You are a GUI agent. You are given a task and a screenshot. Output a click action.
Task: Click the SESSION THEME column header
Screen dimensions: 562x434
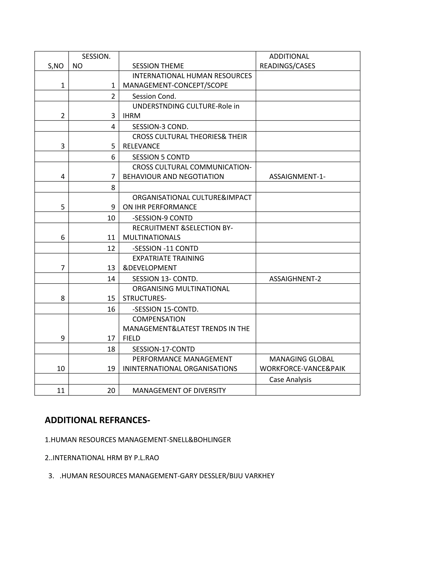coord(158,66)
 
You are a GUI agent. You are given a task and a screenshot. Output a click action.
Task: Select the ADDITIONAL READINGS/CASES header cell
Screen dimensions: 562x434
coord(287,61)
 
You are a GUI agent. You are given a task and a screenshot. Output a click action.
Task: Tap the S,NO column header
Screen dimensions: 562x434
coord(56,66)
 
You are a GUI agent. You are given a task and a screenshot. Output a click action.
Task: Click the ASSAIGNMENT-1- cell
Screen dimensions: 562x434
coord(297,176)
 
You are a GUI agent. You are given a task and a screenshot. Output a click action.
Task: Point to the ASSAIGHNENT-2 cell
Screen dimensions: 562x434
coord(295,279)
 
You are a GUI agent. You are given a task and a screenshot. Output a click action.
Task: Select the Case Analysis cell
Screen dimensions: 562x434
coord(290,380)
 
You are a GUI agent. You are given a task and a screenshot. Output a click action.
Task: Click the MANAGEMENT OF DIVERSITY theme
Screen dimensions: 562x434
coord(179,391)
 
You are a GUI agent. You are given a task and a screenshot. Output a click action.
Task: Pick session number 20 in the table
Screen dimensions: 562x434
coord(111,391)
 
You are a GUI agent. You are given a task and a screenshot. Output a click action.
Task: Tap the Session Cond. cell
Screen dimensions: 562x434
coord(154,96)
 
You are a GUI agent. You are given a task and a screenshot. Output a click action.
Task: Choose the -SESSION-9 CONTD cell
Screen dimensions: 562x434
coord(162,218)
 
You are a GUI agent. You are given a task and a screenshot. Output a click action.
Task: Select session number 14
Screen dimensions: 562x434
coord(111,279)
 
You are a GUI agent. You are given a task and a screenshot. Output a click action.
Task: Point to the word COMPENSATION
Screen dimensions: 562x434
coord(159,319)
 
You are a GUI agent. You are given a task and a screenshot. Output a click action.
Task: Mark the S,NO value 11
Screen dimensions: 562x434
coord(61,391)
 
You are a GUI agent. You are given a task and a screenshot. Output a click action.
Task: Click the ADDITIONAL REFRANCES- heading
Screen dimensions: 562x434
coord(97,420)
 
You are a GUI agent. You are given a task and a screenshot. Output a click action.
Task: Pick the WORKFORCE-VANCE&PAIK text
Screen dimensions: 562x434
coord(302,369)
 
